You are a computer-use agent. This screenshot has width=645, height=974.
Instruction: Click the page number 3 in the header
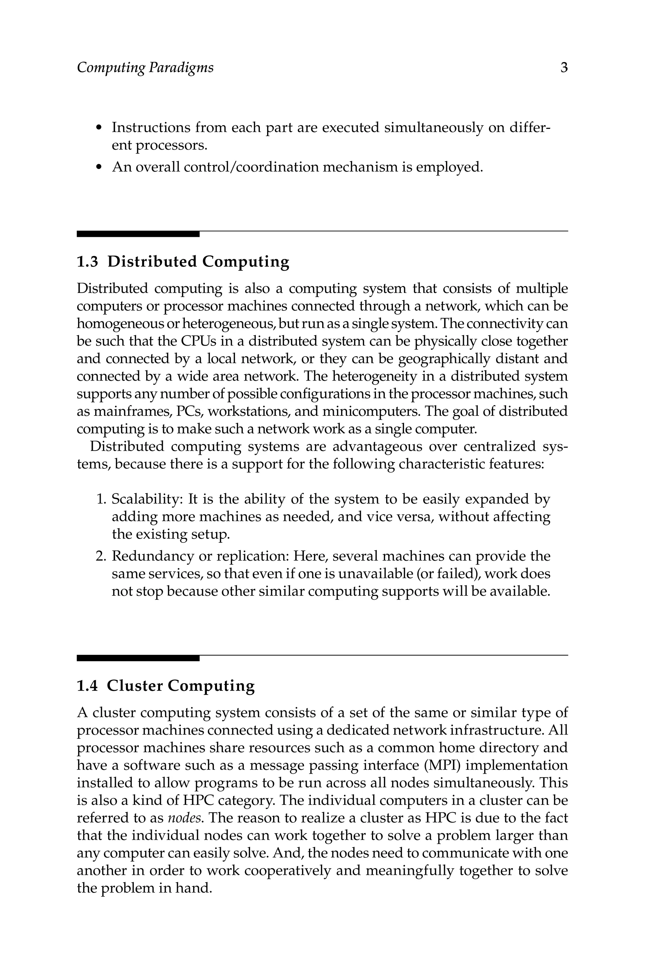[x=564, y=67]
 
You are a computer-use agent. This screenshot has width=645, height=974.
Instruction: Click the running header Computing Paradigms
[x=145, y=67]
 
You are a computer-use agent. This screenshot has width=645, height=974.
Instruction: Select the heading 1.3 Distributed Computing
[x=183, y=261]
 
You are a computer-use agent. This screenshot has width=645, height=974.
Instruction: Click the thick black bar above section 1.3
[x=138, y=234]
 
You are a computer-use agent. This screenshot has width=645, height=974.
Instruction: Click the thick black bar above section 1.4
[x=138, y=658]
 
